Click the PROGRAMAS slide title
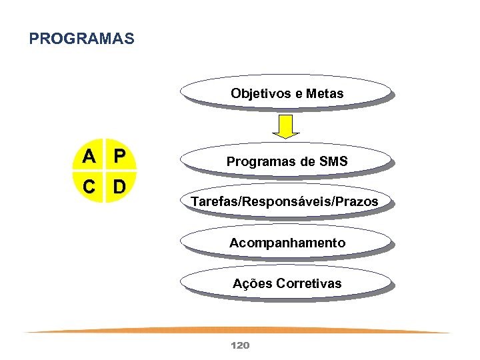(x=81, y=39)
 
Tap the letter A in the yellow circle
(x=89, y=157)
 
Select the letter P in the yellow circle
(x=119, y=157)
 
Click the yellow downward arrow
(x=285, y=126)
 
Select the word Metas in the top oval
(x=326, y=93)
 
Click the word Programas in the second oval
(x=257, y=161)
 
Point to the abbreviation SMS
(x=334, y=161)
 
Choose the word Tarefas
(x=213, y=201)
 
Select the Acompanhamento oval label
(x=287, y=243)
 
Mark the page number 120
(x=239, y=345)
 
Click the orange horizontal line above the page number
(x=239, y=329)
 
